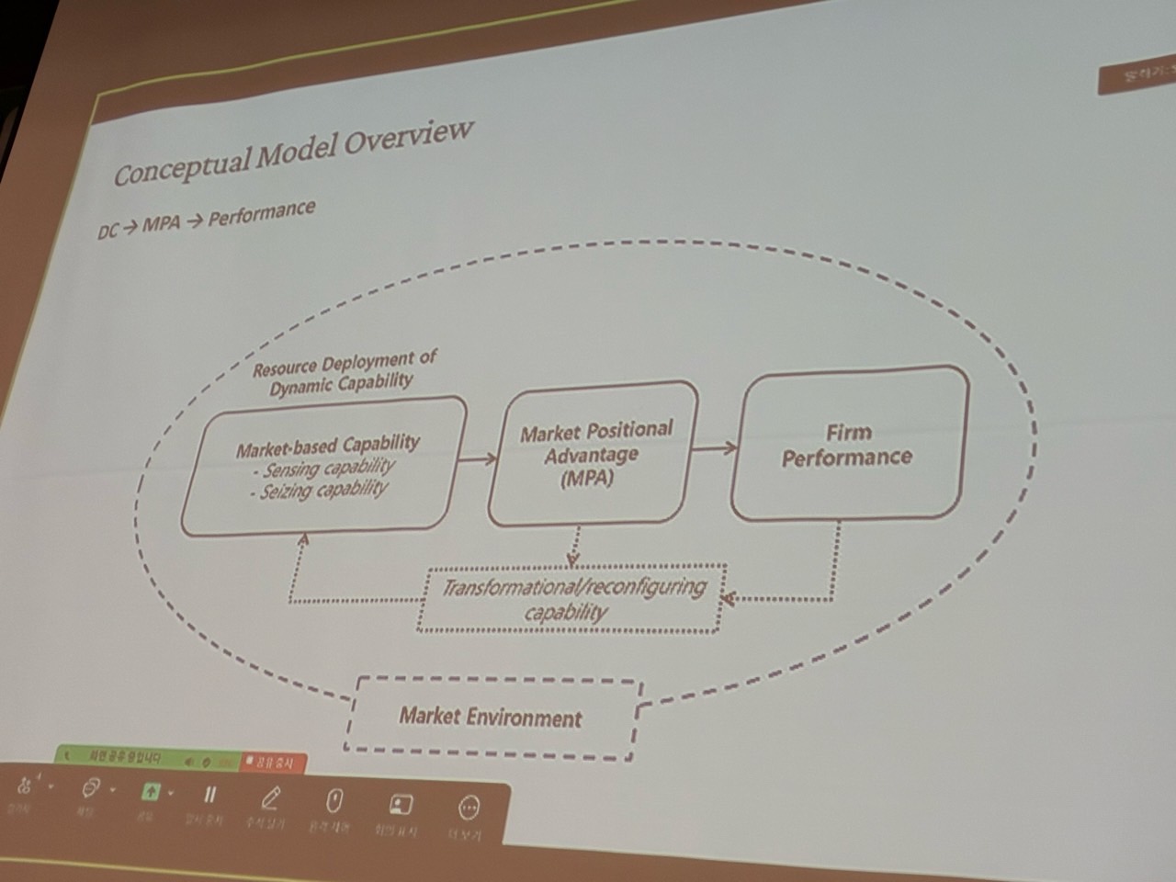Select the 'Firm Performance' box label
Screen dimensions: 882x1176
[847, 445]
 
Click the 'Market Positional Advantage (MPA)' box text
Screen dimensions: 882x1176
[594, 454]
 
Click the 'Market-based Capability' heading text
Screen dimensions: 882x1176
[327, 447]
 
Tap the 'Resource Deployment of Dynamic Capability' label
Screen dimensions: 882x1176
[344, 372]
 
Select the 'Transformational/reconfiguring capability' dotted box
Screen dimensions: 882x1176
[571, 599]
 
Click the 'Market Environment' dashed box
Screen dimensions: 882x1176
[491, 718]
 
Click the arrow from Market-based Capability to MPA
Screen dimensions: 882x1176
[476, 458]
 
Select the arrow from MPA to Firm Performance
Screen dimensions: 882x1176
[715, 448]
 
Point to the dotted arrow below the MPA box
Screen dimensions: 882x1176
[574, 546]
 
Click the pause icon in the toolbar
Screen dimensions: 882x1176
[209, 796]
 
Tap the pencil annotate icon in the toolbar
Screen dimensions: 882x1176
[271, 797]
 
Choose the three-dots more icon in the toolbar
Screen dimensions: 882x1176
[469, 808]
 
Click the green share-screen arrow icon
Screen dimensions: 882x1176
[151, 792]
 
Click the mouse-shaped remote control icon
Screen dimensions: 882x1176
[334, 801]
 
